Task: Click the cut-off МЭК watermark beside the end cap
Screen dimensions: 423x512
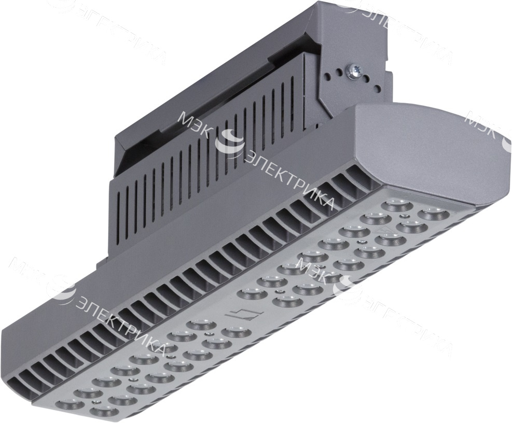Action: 485,124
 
